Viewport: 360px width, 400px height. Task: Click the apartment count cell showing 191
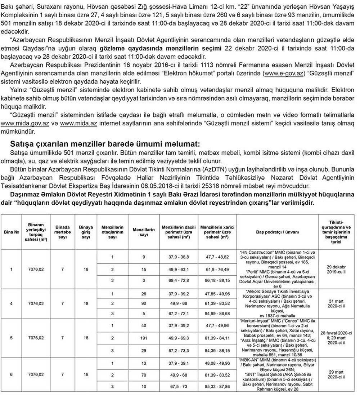143,338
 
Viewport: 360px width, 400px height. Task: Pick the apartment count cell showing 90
143,303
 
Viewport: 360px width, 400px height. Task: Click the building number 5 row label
11,338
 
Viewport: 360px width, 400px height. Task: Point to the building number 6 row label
11,374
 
